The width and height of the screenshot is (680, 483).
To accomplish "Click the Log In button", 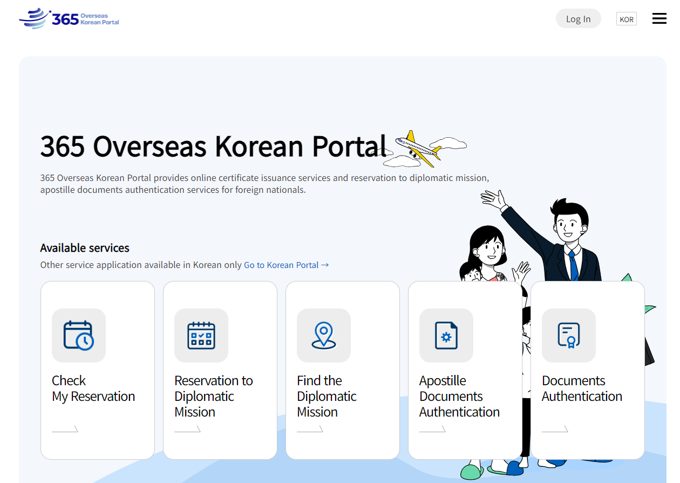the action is [578, 18].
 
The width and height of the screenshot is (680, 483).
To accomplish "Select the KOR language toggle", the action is [626, 19].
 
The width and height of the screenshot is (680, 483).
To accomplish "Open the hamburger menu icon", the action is [659, 18].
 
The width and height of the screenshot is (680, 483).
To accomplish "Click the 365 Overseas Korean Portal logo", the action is [69, 18].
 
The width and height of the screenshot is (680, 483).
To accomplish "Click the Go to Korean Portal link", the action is [286, 265].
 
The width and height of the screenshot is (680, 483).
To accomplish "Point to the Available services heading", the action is [85, 248].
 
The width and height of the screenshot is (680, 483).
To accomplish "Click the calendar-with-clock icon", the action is [79, 336].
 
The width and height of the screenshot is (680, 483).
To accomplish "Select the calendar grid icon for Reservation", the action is [201, 336].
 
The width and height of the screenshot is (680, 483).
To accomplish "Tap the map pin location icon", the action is [324, 336].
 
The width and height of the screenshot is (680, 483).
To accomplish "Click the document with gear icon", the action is [446, 336].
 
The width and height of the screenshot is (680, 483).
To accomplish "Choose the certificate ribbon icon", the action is [569, 336].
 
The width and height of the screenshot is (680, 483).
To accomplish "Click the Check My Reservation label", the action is [93, 388].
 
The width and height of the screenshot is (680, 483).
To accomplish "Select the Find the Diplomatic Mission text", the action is [327, 397].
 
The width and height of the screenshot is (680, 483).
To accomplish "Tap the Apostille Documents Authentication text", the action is [459, 397].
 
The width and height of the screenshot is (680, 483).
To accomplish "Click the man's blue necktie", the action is [574, 265].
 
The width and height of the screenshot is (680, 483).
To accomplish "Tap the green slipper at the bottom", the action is [472, 472].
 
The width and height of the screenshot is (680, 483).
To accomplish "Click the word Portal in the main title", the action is [349, 146].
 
